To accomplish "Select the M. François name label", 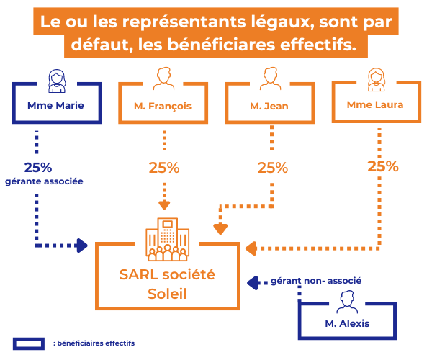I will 163,106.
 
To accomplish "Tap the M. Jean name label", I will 269,106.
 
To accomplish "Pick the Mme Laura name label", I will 374,104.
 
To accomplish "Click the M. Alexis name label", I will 347,323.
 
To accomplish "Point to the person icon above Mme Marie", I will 57,79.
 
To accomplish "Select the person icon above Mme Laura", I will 375,79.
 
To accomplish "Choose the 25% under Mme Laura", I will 382,166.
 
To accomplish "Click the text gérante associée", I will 44,181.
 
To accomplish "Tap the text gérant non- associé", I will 315,280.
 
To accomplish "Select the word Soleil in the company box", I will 167,293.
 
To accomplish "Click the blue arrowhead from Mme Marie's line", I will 81,246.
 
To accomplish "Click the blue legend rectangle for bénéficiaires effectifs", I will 30,343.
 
